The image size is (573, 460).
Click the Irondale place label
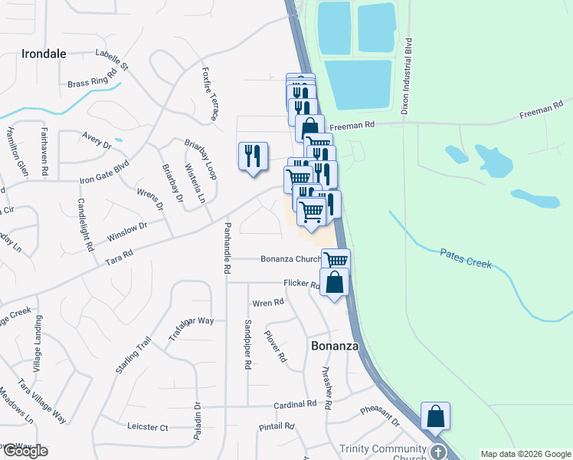(x=34, y=54)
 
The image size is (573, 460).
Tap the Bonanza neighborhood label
(x=335, y=347)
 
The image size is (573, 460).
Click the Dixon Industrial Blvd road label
(x=408, y=77)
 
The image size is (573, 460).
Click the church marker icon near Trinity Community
(x=437, y=452)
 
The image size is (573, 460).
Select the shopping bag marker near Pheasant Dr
(x=435, y=416)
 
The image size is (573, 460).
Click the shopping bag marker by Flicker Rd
(x=335, y=282)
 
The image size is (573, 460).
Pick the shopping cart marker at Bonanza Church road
(x=336, y=261)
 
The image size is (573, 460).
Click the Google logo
(x=25, y=451)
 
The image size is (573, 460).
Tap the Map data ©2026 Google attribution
(x=526, y=454)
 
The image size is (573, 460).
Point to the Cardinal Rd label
(x=295, y=404)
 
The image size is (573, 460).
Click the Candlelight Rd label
(x=86, y=226)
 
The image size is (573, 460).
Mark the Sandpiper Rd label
(x=248, y=345)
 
